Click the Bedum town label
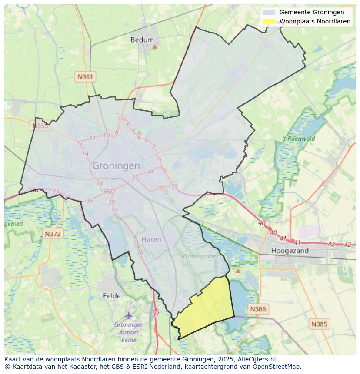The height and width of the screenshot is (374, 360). pos(142,40)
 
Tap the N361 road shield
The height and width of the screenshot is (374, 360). pos(85,77)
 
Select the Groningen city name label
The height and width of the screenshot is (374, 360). pos(116,165)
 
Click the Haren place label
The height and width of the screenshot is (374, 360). pos(151,239)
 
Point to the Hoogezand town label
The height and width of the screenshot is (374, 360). pos(290,251)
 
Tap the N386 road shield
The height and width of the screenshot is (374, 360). pos(258,309)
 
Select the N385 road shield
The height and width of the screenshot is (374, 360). pos(320,324)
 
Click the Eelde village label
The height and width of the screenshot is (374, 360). pos(112,296)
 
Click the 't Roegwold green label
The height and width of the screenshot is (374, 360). pos(299,139)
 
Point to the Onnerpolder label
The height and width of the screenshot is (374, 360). pos(200,256)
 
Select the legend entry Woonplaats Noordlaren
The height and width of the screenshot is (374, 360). pos(315,21)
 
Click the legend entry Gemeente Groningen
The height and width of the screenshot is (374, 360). pos(311,12)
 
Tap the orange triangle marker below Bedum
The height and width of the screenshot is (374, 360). pos(154,46)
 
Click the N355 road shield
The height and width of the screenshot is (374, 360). pos(40,126)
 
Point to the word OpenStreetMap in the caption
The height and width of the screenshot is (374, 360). pos(278,366)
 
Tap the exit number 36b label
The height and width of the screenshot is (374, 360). pos(108,192)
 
